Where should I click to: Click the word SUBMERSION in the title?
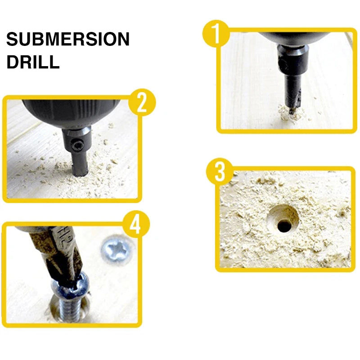pyautogui.click(x=67, y=40)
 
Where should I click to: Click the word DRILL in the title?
pyautogui.click(x=32, y=62)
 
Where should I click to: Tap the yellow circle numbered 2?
pyautogui.click(x=142, y=103)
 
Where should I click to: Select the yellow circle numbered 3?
pyautogui.click(x=220, y=171)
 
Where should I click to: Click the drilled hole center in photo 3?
pyautogui.click(x=284, y=225)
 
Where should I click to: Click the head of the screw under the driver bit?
pyautogui.click(x=72, y=288)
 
